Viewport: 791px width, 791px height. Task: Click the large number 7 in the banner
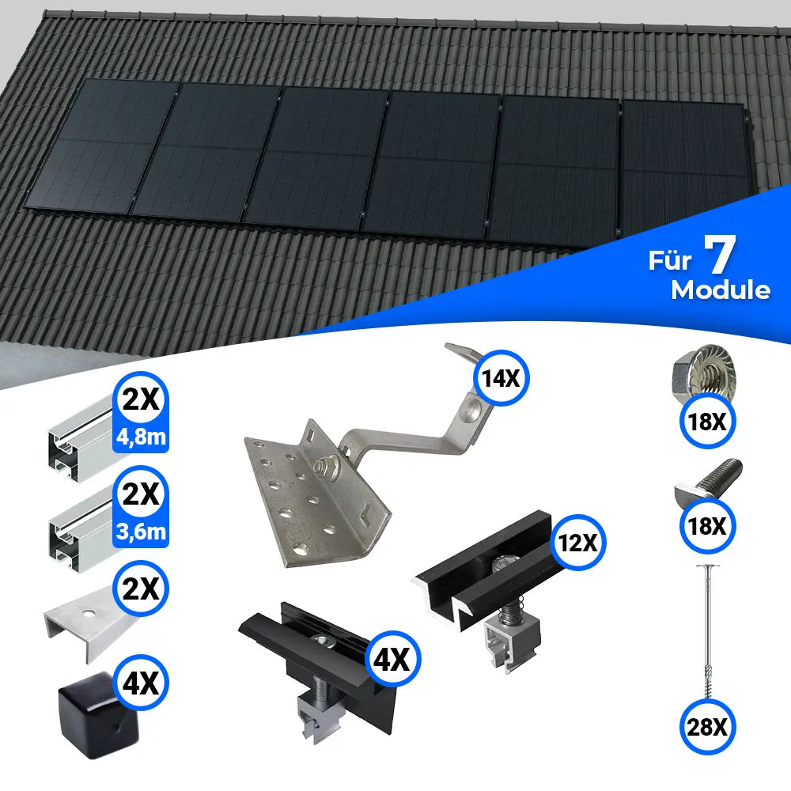(720, 255)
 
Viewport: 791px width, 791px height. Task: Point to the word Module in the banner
(720, 290)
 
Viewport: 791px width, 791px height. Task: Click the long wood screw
(702, 625)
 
